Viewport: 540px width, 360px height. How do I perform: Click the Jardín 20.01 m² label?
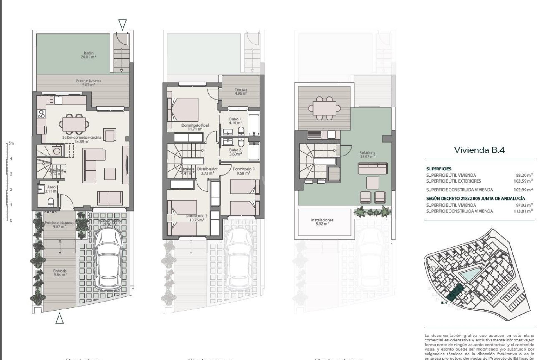point(88,55)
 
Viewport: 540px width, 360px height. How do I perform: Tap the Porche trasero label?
point(88,82)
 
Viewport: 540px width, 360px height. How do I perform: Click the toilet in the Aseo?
point(51,202)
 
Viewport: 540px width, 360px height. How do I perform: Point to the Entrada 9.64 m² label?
point(60,273)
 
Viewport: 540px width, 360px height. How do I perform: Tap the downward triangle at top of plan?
point(122,25)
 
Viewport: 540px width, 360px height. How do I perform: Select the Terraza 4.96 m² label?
point(241,91)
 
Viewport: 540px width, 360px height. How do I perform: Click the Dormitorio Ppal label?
point(195,127)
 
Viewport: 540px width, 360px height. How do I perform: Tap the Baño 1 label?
point(235,121)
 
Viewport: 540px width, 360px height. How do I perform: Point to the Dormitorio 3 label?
point(244,171)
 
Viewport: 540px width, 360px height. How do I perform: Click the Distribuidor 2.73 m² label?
point(207,171)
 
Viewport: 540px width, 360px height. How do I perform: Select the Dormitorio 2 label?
point(196,218)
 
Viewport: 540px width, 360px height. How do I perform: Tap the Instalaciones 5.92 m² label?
point(322,222)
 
